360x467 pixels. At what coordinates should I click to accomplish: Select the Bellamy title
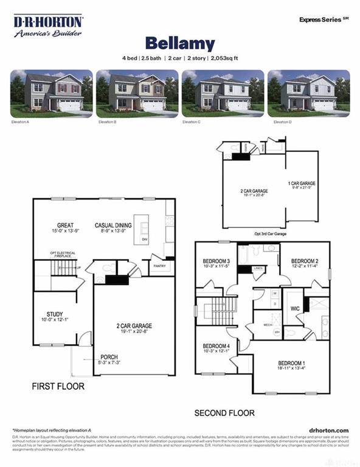coord(179,44)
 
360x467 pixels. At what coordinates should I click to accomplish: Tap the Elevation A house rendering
coord(51,92)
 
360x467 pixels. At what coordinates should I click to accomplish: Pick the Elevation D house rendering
coord(308,92)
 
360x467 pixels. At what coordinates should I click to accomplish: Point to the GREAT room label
coord(65,226)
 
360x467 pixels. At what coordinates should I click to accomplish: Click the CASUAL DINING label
coord(114,226)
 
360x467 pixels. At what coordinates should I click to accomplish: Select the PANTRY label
coord(160,266)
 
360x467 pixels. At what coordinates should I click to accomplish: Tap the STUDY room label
coord(55,314)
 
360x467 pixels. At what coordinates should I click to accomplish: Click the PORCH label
coord(109,357)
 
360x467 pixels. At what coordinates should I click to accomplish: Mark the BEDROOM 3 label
coord(216,261)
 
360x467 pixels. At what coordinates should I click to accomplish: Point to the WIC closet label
coord(296,309)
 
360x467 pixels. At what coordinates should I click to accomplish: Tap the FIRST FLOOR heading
coord(58,386)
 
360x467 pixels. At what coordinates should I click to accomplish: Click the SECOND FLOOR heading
coord(224,413)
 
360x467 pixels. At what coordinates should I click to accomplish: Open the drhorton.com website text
coord(328,430)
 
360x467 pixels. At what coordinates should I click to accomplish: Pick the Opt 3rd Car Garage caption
coord(270,233)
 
